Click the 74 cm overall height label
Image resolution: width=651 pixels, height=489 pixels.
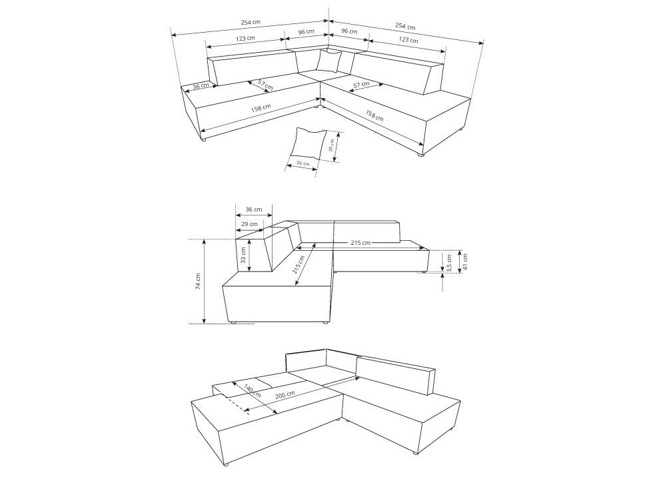(198, 282)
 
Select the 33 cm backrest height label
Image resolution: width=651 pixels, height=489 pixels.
(243, 255)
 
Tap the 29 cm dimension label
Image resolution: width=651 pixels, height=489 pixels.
(249, 224)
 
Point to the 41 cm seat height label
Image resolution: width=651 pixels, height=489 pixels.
(464, 262)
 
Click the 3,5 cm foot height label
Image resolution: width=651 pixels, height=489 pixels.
(449, 263)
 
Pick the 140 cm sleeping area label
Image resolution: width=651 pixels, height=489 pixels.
(253, 390)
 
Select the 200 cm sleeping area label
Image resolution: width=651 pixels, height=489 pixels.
(285, 394)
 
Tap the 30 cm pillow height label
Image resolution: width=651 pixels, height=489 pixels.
(331, 143)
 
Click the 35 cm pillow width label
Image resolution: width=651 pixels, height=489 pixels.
(303, 163)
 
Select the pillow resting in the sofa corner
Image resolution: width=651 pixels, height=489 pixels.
(328, 61)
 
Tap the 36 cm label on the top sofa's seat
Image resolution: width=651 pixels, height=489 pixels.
(201, 85)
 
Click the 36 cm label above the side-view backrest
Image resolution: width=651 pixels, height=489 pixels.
(254, 209)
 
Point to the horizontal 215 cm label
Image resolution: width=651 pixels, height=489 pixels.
(360, 242)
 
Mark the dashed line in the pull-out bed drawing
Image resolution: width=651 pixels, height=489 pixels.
(237, 403)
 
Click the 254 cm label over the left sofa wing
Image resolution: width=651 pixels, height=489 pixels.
(251, 22)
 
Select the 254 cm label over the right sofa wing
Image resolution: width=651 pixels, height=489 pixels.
(405, 26)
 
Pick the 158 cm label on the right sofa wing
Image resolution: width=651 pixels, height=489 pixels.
(374, 115)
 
